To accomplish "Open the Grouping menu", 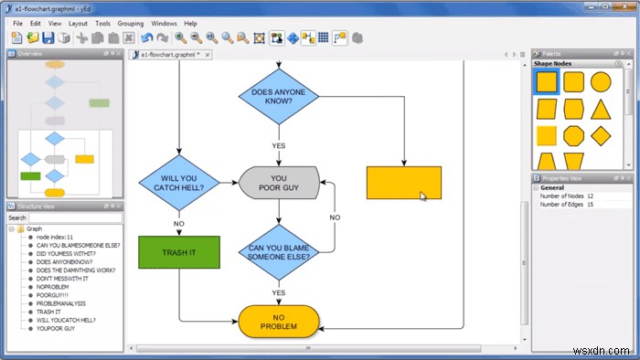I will pyautogui.click(x=130, y=23).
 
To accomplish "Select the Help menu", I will pyautogui.click(x=190, y=23).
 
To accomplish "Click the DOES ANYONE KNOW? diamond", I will pyautogui.click(x=279, y=95).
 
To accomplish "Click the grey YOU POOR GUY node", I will pyautogui.click(x=279, y=184).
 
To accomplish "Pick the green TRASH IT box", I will pyautogui.click(x=179, y=252).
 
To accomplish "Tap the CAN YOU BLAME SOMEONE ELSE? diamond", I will pyautogui.click(x=279, y=251).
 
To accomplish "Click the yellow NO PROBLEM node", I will pyautogui.click(x=279, y=321).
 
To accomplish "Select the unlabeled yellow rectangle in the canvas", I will pyautogui.click(x=403, y=183).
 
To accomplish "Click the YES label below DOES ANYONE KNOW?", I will pyautogui.click(x=279, y=145).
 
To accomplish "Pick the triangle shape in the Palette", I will pyautogui.click(x=600, y=110).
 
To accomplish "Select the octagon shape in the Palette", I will pyautogui.click(x=573, y=137).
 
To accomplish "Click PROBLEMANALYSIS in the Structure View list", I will pyautogui.click(x=61, y=303).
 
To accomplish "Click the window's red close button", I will pyautogui.click(x=624, y=7).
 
